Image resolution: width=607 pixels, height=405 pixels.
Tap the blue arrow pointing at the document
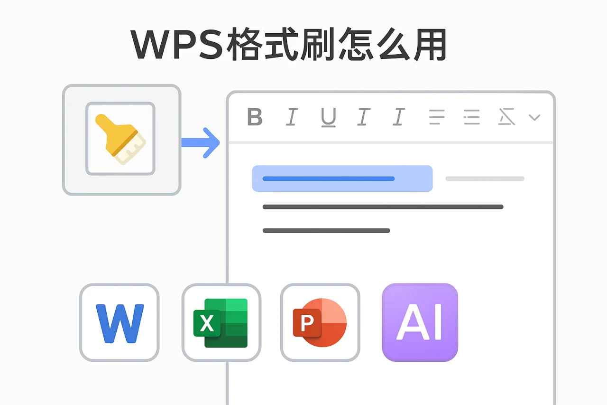(202, 142)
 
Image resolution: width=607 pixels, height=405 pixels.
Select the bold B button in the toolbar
(255, 117)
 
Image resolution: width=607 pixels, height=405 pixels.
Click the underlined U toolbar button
(328, 117)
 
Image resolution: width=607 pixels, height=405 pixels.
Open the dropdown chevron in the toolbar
(534, 117)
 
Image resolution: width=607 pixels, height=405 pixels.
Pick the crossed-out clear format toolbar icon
(506, 117)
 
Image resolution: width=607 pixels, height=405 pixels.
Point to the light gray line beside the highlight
(485, 179)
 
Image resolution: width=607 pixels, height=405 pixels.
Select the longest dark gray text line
(382, 207)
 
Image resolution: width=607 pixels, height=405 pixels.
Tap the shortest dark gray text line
(326, 231)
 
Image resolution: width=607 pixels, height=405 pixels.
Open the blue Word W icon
(120, 322)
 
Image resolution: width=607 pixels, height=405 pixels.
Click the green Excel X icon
(221, 322)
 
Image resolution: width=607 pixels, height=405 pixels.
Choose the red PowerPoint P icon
(320, 322)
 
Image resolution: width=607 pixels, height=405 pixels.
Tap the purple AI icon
(420, 322)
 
